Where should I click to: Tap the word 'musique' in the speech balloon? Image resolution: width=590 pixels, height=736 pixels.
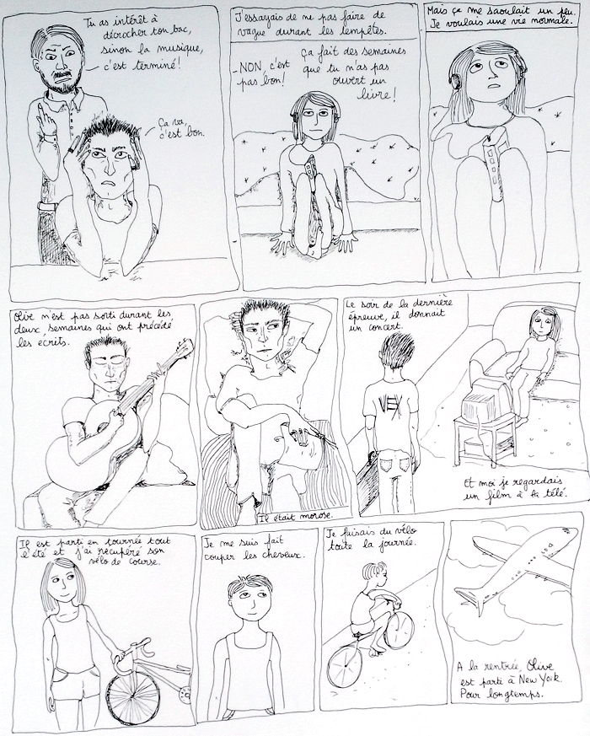pos(184,49)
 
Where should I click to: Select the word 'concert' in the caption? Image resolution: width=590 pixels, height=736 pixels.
pos(384,325)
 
